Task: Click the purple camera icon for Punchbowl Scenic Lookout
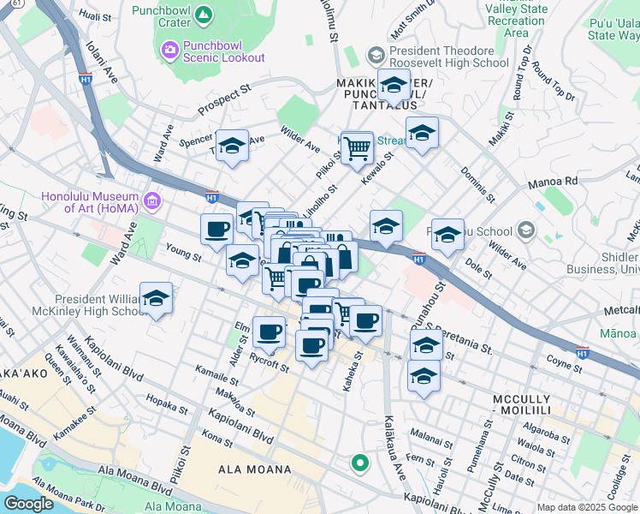point(170,51)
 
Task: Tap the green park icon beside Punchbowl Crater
point(203,15)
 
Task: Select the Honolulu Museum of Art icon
point(152,201)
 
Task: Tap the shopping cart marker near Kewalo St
point(357,148)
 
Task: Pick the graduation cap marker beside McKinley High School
point(156,300)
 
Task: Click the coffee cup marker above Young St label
point(217,230)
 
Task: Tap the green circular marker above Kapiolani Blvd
point(360,463)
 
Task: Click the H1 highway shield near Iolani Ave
point(86,79)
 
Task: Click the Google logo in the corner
point(29,504)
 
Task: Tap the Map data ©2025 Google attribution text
point(586,507)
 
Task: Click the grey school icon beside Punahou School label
point(525,230)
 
